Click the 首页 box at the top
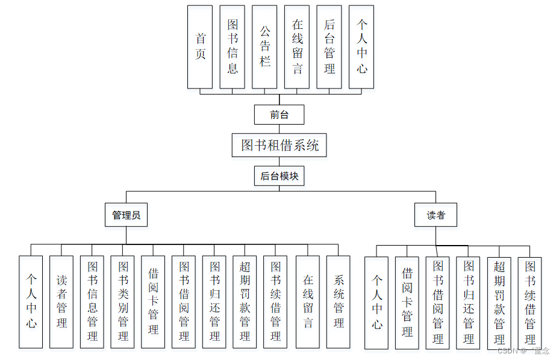click(x=200, y=47)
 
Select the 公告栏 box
click(x=265, y=47)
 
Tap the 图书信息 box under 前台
click(x=233, y=47)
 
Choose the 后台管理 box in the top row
click(x=329, y=47)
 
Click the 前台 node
click(x=279, y=114)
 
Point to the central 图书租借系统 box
click(x=279, y=145)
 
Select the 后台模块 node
click(x=279, y=176)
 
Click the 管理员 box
click(x=126, y=215)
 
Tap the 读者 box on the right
click(x=436, y=215)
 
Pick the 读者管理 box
click(x=61, y=302)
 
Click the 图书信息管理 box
click(x=92, y=302)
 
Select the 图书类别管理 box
click(x=123, y=302)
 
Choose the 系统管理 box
click(x=339, y=302)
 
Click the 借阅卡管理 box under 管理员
click(x=154, y=302)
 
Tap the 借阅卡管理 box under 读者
click(x=407, y=303)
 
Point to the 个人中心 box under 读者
click(x=376, y=303)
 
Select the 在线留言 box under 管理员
click(x=308, y=302)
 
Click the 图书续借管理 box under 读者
click(x=530, y=303)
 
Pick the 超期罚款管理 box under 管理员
click(x=245, y=302)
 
